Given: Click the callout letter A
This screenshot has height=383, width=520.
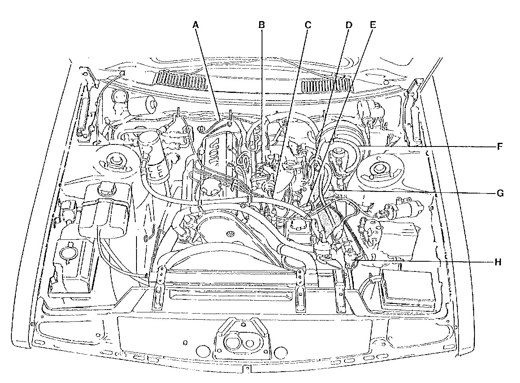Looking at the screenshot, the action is (x=196, y=25).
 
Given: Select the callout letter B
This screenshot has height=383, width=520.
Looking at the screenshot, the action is (x=262, y=25).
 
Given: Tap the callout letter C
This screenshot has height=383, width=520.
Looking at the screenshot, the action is (x=308, y=25).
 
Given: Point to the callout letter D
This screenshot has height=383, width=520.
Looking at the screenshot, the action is (x=348, y=25).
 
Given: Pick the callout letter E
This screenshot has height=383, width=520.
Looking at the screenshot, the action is (x=373, y=24).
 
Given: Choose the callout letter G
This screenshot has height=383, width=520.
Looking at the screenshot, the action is (x=500, y=193).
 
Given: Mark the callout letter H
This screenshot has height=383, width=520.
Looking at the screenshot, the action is (x=498, y=262).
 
